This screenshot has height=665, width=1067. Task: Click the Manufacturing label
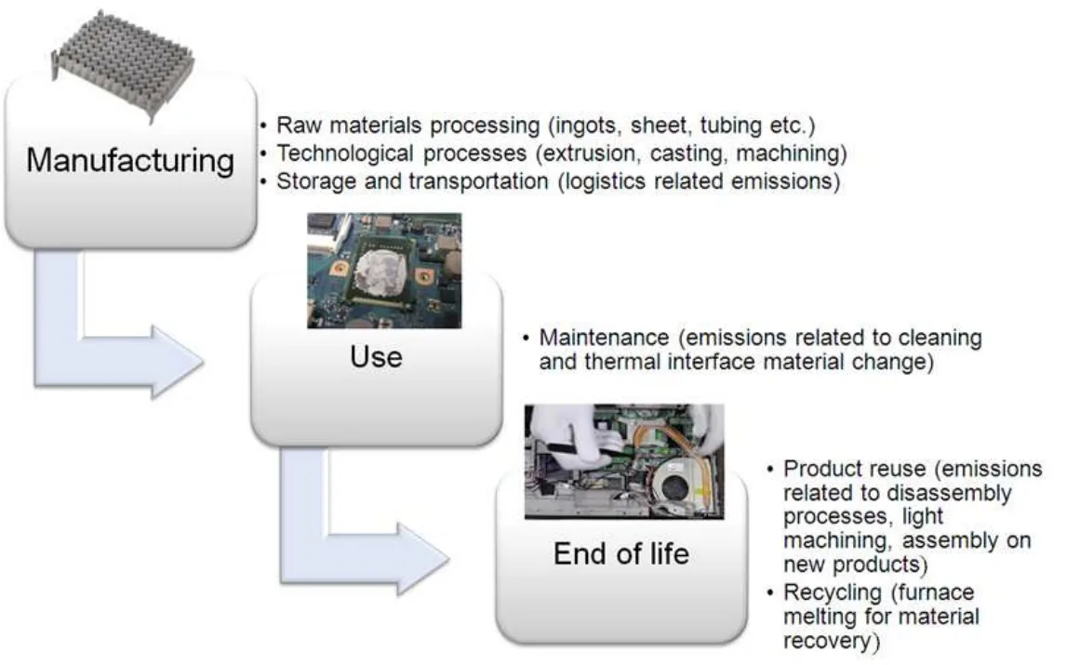tap(130, 161)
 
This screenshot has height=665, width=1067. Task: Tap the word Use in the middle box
tap(377, 356)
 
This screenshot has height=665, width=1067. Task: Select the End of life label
tap(621, 553)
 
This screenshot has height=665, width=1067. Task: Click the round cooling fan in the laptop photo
tap(678, 486)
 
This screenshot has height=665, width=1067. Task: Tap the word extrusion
tap(588, 153)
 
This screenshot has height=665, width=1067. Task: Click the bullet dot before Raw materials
tap(262, 126)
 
